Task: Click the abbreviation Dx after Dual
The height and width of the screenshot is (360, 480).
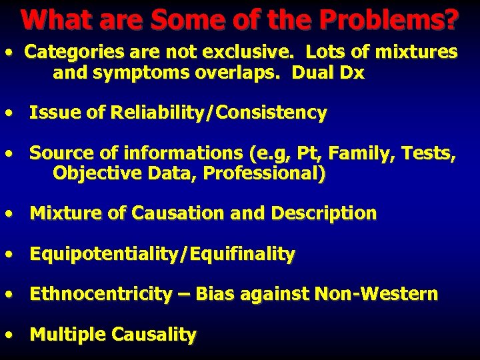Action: [352, 73]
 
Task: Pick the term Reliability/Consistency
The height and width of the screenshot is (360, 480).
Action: [213, 113]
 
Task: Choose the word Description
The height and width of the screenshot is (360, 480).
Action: [324, 213]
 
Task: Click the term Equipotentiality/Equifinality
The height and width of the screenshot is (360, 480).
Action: [162, 254]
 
